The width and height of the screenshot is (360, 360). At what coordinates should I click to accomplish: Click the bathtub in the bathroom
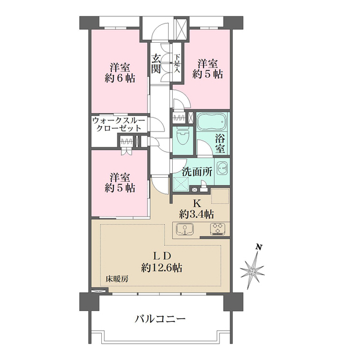(x=211, y=122)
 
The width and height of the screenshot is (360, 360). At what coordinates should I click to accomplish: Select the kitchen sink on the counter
(x=185, y=229)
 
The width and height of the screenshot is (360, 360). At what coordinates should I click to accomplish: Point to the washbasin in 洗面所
(x=222, y=169)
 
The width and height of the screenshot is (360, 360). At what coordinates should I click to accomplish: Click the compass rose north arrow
(x=253, y=271)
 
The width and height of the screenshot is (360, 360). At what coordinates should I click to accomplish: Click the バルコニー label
(x=160, y=319)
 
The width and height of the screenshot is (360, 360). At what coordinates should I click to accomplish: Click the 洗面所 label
(x=196, y=173)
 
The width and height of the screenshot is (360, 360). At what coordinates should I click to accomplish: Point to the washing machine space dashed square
(x=182, y=184)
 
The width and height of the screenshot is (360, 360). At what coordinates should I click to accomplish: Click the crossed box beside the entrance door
(x=181, y=28)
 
